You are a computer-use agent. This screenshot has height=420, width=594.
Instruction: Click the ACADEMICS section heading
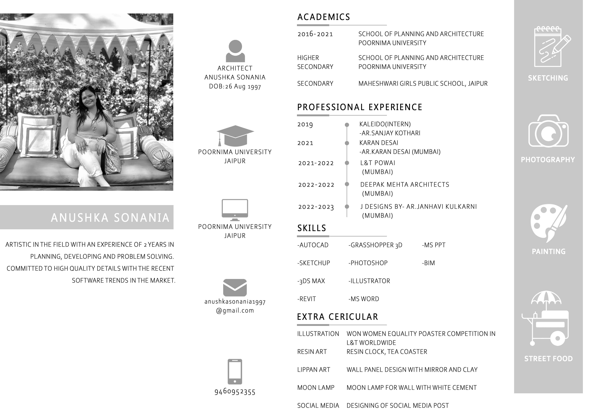tap(323, 17)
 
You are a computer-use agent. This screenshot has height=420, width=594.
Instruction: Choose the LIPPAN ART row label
tap(314, 370)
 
